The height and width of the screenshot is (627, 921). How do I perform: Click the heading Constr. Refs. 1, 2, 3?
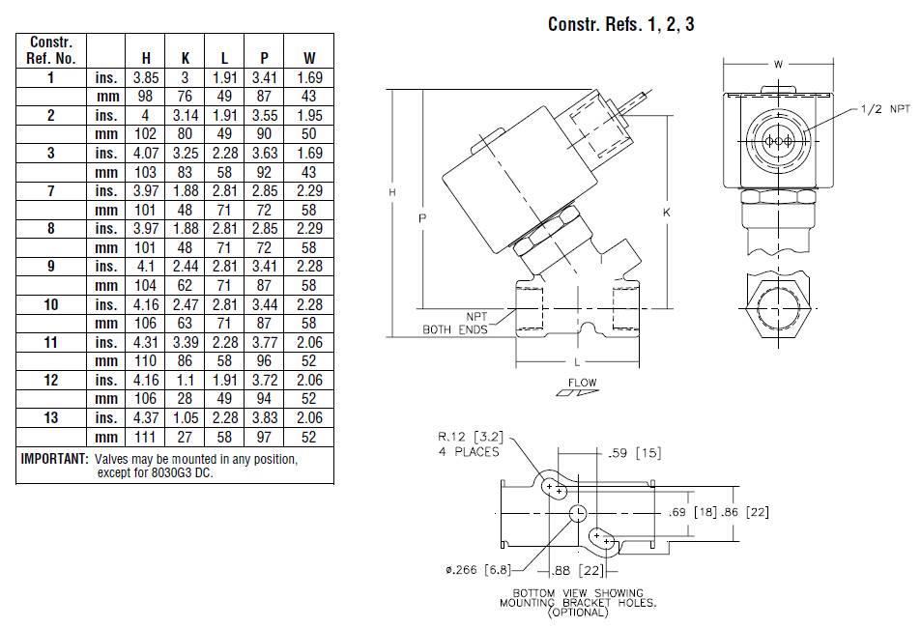pos(620,24)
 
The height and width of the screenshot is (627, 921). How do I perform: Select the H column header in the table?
pos(146,58)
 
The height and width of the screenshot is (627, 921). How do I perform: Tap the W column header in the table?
pos(309,58)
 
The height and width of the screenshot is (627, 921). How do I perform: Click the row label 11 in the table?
pos(51,342)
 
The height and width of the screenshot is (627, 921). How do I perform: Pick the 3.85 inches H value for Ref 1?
pos(146,76)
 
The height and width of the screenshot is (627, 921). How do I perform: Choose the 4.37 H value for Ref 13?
pos(146,418)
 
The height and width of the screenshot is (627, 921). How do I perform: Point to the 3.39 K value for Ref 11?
pos(185,342)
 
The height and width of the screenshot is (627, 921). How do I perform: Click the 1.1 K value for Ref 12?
pos(185,380)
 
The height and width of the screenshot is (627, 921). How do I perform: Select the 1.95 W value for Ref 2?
pos(309,114)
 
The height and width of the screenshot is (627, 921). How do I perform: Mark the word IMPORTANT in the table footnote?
pos(54,458)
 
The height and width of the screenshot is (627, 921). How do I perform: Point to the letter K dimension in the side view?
pos(667,211)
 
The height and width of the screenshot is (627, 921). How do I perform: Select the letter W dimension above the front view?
pos(778,65)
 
